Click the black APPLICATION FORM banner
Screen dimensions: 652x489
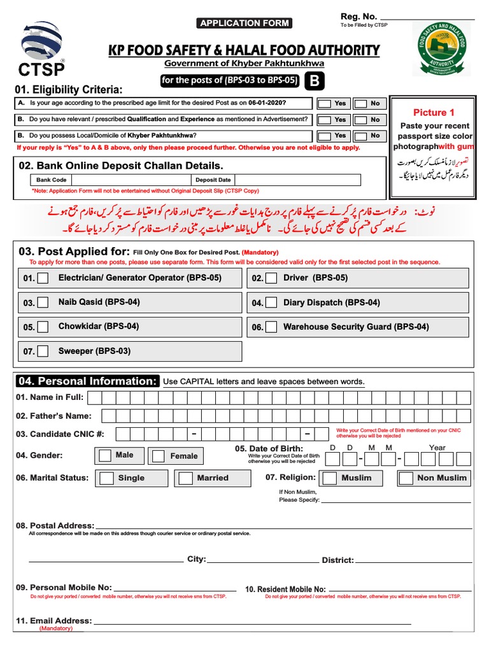pyautogui.click(x=244, y=24)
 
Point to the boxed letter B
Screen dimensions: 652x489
pyautogui.click(x=313, y=81)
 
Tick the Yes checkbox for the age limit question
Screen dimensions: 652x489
pyautogui.click(x=325, y=103)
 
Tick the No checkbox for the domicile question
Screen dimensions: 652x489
pyautogui.click(x=360, y=136)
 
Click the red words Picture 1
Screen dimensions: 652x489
pyautogui.click(x=434, y=113)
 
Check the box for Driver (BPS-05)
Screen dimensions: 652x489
pyautogui.click(x=271, y=278)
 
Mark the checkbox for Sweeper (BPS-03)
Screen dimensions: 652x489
pyautogui.click(x=43, y=351)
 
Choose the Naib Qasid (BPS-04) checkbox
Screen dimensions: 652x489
pyautogui.click(x=43, y=303)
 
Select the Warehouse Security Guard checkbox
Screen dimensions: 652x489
pyautogui.click(x=271, y=327)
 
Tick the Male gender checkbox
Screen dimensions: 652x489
pyautogui.click(x=104, y=456)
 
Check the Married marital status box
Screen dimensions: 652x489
pyautogui.click(x=185, y=478)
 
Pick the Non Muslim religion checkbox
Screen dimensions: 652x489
pyautogui.click(x=406, y=478)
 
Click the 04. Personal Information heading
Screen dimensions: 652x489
pyautogui.click(x=87, y=381)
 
